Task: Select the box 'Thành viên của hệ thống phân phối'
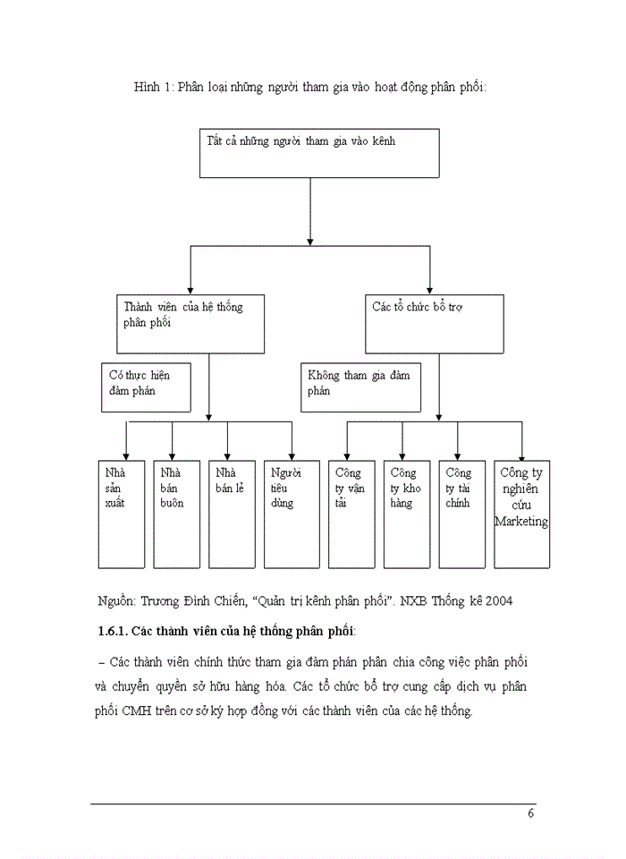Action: point(190,322)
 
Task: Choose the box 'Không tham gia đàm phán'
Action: point(361,386)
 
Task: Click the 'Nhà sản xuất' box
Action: point(121,515)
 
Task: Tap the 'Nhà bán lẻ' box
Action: point(229,515)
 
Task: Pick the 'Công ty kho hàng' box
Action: point(405,515)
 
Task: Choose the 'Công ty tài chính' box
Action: point(460,515)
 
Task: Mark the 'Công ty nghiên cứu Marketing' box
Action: point(522,515)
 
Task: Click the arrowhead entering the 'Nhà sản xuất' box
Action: point(125,455)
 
